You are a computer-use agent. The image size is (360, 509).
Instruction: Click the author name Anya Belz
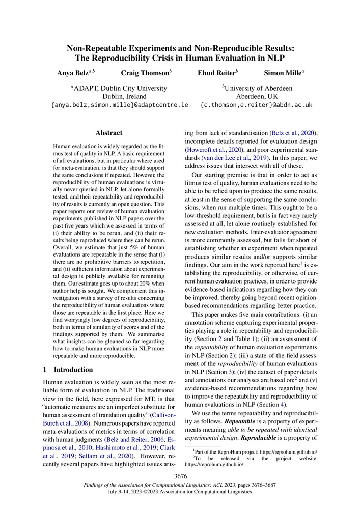(74, 73)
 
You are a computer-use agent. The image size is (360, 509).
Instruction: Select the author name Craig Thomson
(145, 73)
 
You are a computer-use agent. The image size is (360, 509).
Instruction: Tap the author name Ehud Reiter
(216, 73)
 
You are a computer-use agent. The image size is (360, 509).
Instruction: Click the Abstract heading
(109, 133)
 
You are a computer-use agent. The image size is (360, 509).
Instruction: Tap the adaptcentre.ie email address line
(120, 105)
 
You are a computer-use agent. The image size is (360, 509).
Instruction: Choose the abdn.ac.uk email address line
(256, 105)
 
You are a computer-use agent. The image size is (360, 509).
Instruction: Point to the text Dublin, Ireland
(124, 96)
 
